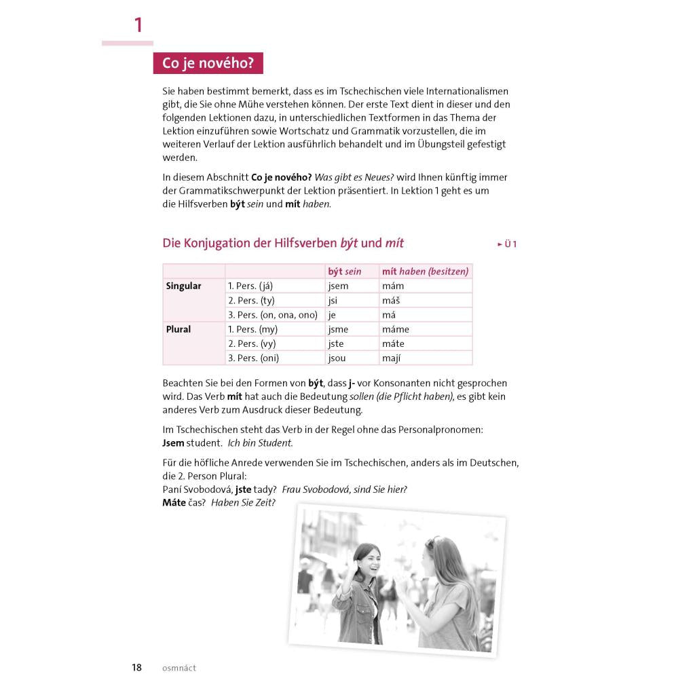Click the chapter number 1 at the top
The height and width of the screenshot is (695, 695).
pos(138,26)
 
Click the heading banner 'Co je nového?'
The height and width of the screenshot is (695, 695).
pos(208,64)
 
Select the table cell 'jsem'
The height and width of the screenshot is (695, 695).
pos(337,286)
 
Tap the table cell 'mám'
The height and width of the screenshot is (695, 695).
pos(393,286)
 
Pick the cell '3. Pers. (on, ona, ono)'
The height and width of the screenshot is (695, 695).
pos(272,315)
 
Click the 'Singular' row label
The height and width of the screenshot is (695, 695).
pos(183,286)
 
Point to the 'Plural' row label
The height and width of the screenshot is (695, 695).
pos(179,329)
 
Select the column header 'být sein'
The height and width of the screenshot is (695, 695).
pos(344,271)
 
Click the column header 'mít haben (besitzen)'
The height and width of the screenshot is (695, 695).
pos(425,271)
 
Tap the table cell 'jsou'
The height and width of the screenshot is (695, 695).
pos(337,358)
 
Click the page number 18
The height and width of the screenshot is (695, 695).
pos(137,667)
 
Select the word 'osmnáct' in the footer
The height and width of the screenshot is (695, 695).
pos(179,668)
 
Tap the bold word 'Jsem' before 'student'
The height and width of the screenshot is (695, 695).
pos(173,443)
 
